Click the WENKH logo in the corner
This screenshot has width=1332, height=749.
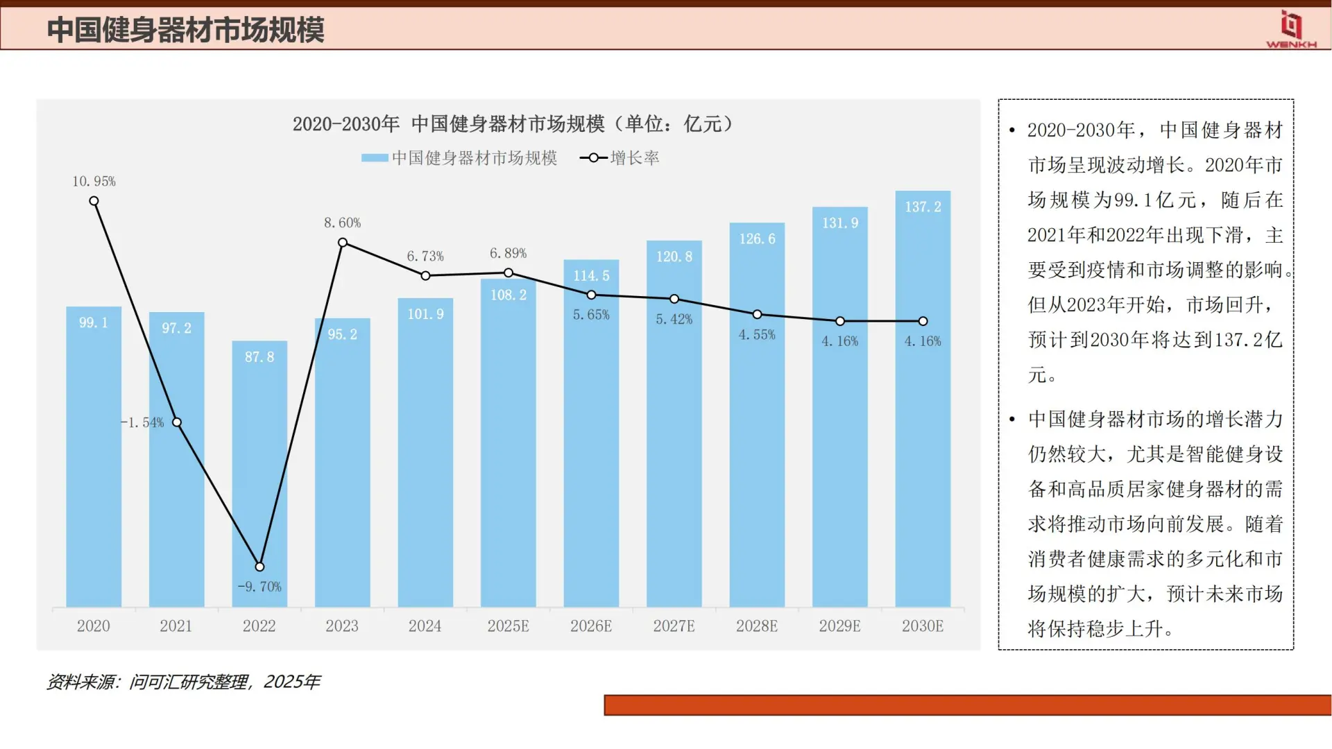pos(1290,29)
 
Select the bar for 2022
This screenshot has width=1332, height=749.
pos(259,479)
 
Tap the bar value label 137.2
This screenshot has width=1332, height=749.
pos(923,207)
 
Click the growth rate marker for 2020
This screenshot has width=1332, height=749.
pos(94,201)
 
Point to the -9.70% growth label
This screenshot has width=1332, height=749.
pos(259,587)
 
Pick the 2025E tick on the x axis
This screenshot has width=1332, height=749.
pos(508,626)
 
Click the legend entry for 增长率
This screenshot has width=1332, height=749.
pos(620,158)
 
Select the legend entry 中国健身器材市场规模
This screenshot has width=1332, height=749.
pos(459,158)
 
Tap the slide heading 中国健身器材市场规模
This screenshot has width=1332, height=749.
pos(185,30)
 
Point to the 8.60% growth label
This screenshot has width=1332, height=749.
pos(342,223)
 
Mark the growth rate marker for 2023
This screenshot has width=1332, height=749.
pos(343,243)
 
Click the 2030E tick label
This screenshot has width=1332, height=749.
pos(922,626)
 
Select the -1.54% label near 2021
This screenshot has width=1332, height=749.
pos(142,422)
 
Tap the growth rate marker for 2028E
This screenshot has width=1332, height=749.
pos(757,315)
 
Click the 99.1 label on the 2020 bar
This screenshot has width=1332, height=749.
pos(93,322)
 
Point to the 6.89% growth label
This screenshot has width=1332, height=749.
pos(508,253)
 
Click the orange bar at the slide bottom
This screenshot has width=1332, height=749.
pos(967,705)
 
